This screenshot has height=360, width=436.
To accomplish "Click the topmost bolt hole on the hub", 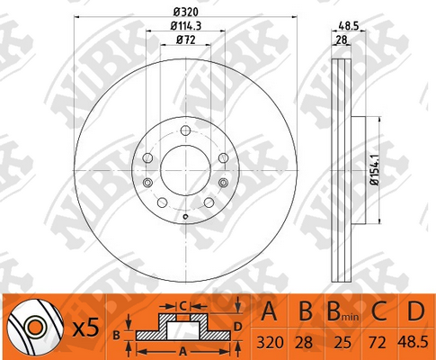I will coord(185,131).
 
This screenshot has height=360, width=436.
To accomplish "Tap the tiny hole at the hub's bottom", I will coord(185,216).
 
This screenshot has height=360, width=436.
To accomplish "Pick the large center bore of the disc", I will coord(185,167).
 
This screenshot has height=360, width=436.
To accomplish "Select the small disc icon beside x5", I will coord(30,328).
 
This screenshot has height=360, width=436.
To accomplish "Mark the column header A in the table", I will coord(269,312).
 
